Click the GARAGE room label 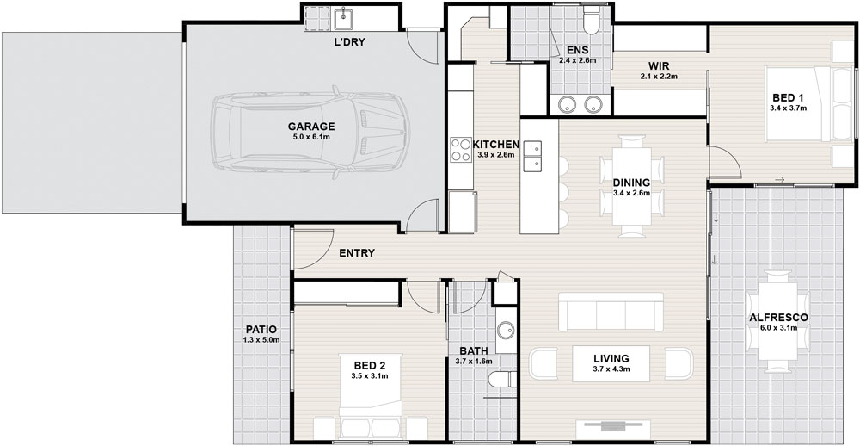coord(311,127)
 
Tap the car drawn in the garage coord(311,133)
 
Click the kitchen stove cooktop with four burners coord(461,149)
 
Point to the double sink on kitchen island coord(532,156)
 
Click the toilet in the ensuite coord(592,20)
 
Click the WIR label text coord(658,66)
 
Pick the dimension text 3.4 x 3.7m coord(788,108)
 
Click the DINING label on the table coord(631,183)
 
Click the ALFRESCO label coord(778,318)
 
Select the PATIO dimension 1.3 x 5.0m coord(261,340)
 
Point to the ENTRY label coord(357,253)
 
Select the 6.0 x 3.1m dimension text coord(778,328)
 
